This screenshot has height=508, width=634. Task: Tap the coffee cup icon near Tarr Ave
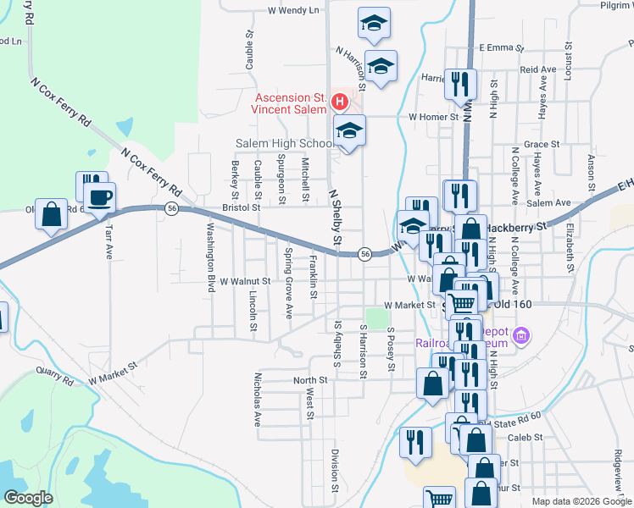click(x=102, y=197)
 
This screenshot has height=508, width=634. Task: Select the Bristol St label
click(x=242, y=207)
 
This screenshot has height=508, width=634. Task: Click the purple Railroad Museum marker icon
click(x=521, y=337)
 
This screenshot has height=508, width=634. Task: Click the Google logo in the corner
click(x=29, y=497)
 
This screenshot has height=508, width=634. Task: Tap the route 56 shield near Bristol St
click(x=171, y=208)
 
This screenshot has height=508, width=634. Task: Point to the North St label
click(x=310, y=380)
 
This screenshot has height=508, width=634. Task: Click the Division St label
click(x=336, y=470)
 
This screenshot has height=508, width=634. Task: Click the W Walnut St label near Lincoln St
click(x=244, y=280)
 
